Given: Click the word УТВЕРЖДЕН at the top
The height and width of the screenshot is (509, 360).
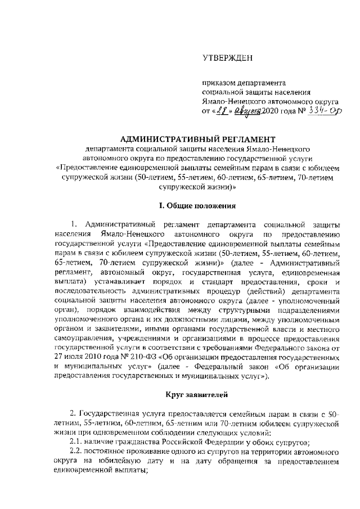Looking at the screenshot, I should (227, 58).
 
